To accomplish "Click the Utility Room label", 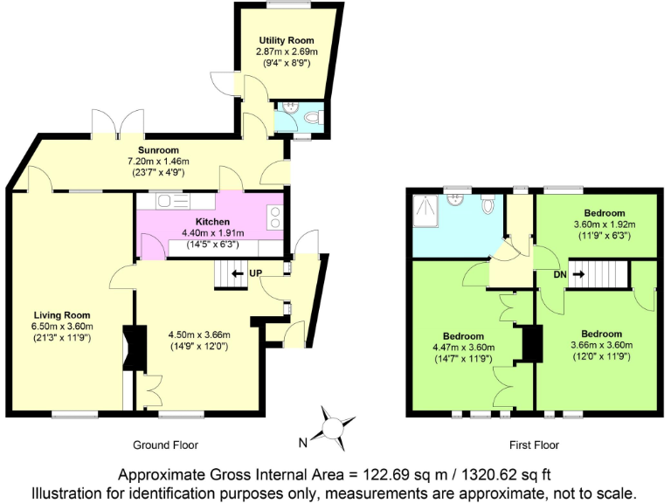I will point(286,41).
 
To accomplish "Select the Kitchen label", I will point(212,222).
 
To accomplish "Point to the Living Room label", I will point(61,315).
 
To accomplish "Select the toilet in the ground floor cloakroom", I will point(313,116).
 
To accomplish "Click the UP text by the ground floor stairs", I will point(256,273).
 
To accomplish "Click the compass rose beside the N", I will point(333,425).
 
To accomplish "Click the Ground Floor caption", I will point(165,444).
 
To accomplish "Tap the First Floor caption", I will point(534,444).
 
